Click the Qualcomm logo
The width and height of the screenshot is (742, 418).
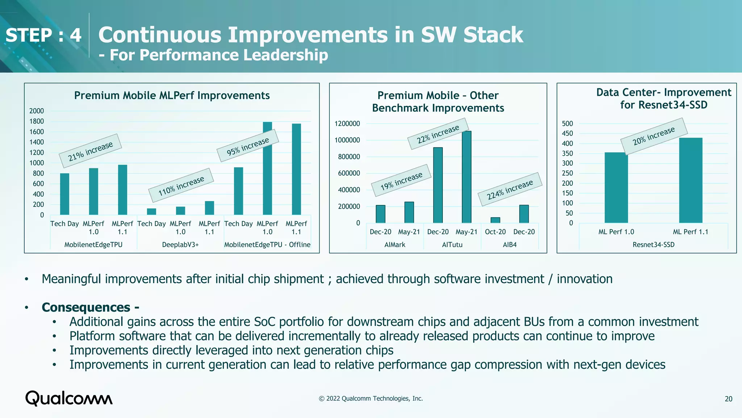pyautogui.click(x=69, y=398)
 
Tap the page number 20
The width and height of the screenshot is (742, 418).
pyautogui.click(x=728, y=399)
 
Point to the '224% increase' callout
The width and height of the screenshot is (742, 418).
pyautogui.click(x=510, y=189)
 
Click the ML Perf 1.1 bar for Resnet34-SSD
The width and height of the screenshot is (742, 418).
pyautogui.click(x=691, y=180)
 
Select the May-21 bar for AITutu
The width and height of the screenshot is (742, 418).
pyautogui.click(x=467, y=177)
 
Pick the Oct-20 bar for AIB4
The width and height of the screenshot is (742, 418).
pyautogui.click(x=495, y=220)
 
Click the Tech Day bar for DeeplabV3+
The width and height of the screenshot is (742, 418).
pyautogui.click(x=151, y=212)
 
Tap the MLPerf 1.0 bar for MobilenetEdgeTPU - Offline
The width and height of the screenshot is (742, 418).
pyautogui.click(x=267, y=168)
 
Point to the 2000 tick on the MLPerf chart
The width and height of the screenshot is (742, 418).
pyautogui.click(x=37, y=111)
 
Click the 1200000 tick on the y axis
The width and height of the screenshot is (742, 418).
pyautogui.click(x=347, y=124)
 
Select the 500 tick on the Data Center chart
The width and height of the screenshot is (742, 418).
pyautogui.click(x=567, y=124)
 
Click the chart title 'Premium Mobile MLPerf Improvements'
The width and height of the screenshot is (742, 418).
pyautogui.click(x=172, y=95)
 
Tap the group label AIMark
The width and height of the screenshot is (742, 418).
pyautogui.click(x=395, y=245)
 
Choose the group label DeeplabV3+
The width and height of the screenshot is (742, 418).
pyautogui.click(x=180, y=245)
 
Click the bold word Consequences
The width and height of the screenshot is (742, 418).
pyautogui.click(x=86, y=307)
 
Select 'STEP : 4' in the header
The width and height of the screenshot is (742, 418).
pyautogui.click(x=43, y=35)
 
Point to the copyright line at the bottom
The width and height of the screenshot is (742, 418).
pyautogui.click(x=371, y=398)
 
